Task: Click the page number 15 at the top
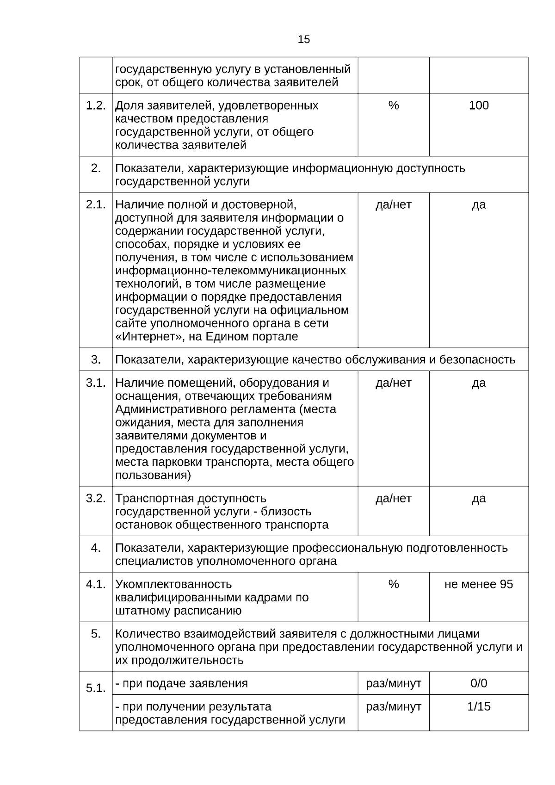[x=304, y=39]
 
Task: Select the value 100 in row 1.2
[x=479, y=105]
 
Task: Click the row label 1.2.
[x=96, y=105]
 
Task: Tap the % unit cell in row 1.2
[x=394, y=105]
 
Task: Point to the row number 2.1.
[x=96, y=204]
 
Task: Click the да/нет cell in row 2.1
[x=394, y=204]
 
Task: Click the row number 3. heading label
[x=96, y=359]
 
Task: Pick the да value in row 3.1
[x=479, y=383]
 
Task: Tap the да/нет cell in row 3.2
[x=394, y=499]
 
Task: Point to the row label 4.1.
[x=96, y=584]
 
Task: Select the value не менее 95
[x=479, y=584]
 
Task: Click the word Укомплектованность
[x=173, y=584]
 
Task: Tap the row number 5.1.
[x=96, y=688]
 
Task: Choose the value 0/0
[x=479, y=683]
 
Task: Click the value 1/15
[x=479, y=707]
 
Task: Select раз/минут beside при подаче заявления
[x=394, y=683]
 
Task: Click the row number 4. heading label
[x=96, y=548]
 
